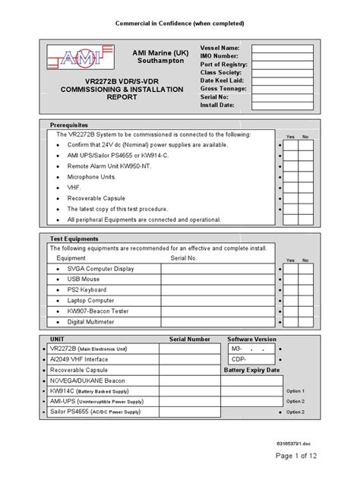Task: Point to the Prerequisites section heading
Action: pyautogui.click(x=69, y=124)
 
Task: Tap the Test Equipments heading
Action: pyautogui.click(x=74, y=238)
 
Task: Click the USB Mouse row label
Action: pyautogui.click(x=84, y=279)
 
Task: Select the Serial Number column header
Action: pyautogui.click(x=189, y=339)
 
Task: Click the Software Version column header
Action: pyautogui.click(x=252, y=339)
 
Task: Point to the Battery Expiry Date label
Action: pyautogui.click(x=252, y=370)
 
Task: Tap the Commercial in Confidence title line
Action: pyautogui.click(x=179, y=24)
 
